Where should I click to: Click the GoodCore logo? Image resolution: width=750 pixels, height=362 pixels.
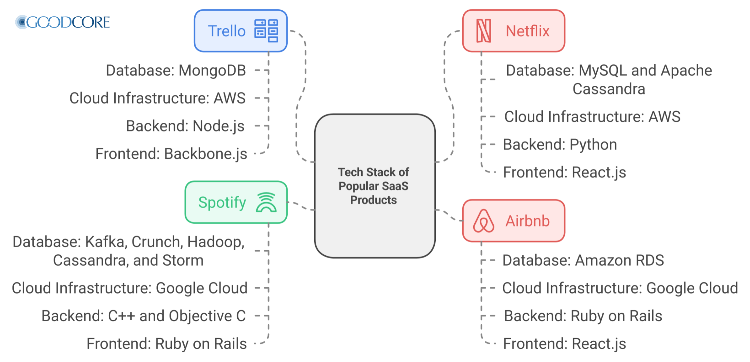[62, 22]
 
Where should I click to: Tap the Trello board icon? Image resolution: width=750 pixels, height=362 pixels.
[266, 31]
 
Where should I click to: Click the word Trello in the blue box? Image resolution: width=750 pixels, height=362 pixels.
[227, 31]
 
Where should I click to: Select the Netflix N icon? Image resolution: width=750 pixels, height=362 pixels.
[483, 31]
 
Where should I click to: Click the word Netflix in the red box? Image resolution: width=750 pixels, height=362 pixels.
[527, 31]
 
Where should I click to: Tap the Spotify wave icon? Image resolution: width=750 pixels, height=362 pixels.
[266, 202]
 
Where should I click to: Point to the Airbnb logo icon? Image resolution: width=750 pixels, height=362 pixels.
[483, 221]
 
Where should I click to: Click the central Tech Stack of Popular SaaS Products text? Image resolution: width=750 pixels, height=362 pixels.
[374, 186]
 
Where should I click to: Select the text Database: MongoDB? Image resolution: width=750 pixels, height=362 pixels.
[176, 70]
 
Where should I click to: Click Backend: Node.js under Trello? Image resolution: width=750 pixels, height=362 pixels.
[185, 126]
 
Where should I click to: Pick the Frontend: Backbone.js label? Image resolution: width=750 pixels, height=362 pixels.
[171, 154]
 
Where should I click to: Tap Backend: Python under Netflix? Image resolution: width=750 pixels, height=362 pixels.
[560, 145]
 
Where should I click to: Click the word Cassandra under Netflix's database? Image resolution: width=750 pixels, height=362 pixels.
[609, 89]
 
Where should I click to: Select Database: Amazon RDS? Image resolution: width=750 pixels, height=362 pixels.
[583, 261]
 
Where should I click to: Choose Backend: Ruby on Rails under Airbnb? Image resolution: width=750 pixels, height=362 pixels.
[583, 316]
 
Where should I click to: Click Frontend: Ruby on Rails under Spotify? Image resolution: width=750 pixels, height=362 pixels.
[167, 344]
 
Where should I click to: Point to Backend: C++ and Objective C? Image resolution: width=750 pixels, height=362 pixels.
[144, 316]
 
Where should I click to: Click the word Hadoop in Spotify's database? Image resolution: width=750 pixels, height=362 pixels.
[215, 242]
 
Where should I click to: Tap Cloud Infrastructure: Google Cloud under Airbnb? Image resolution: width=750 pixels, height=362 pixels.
[620, 288]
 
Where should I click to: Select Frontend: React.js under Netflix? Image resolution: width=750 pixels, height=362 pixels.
[564, 172]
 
